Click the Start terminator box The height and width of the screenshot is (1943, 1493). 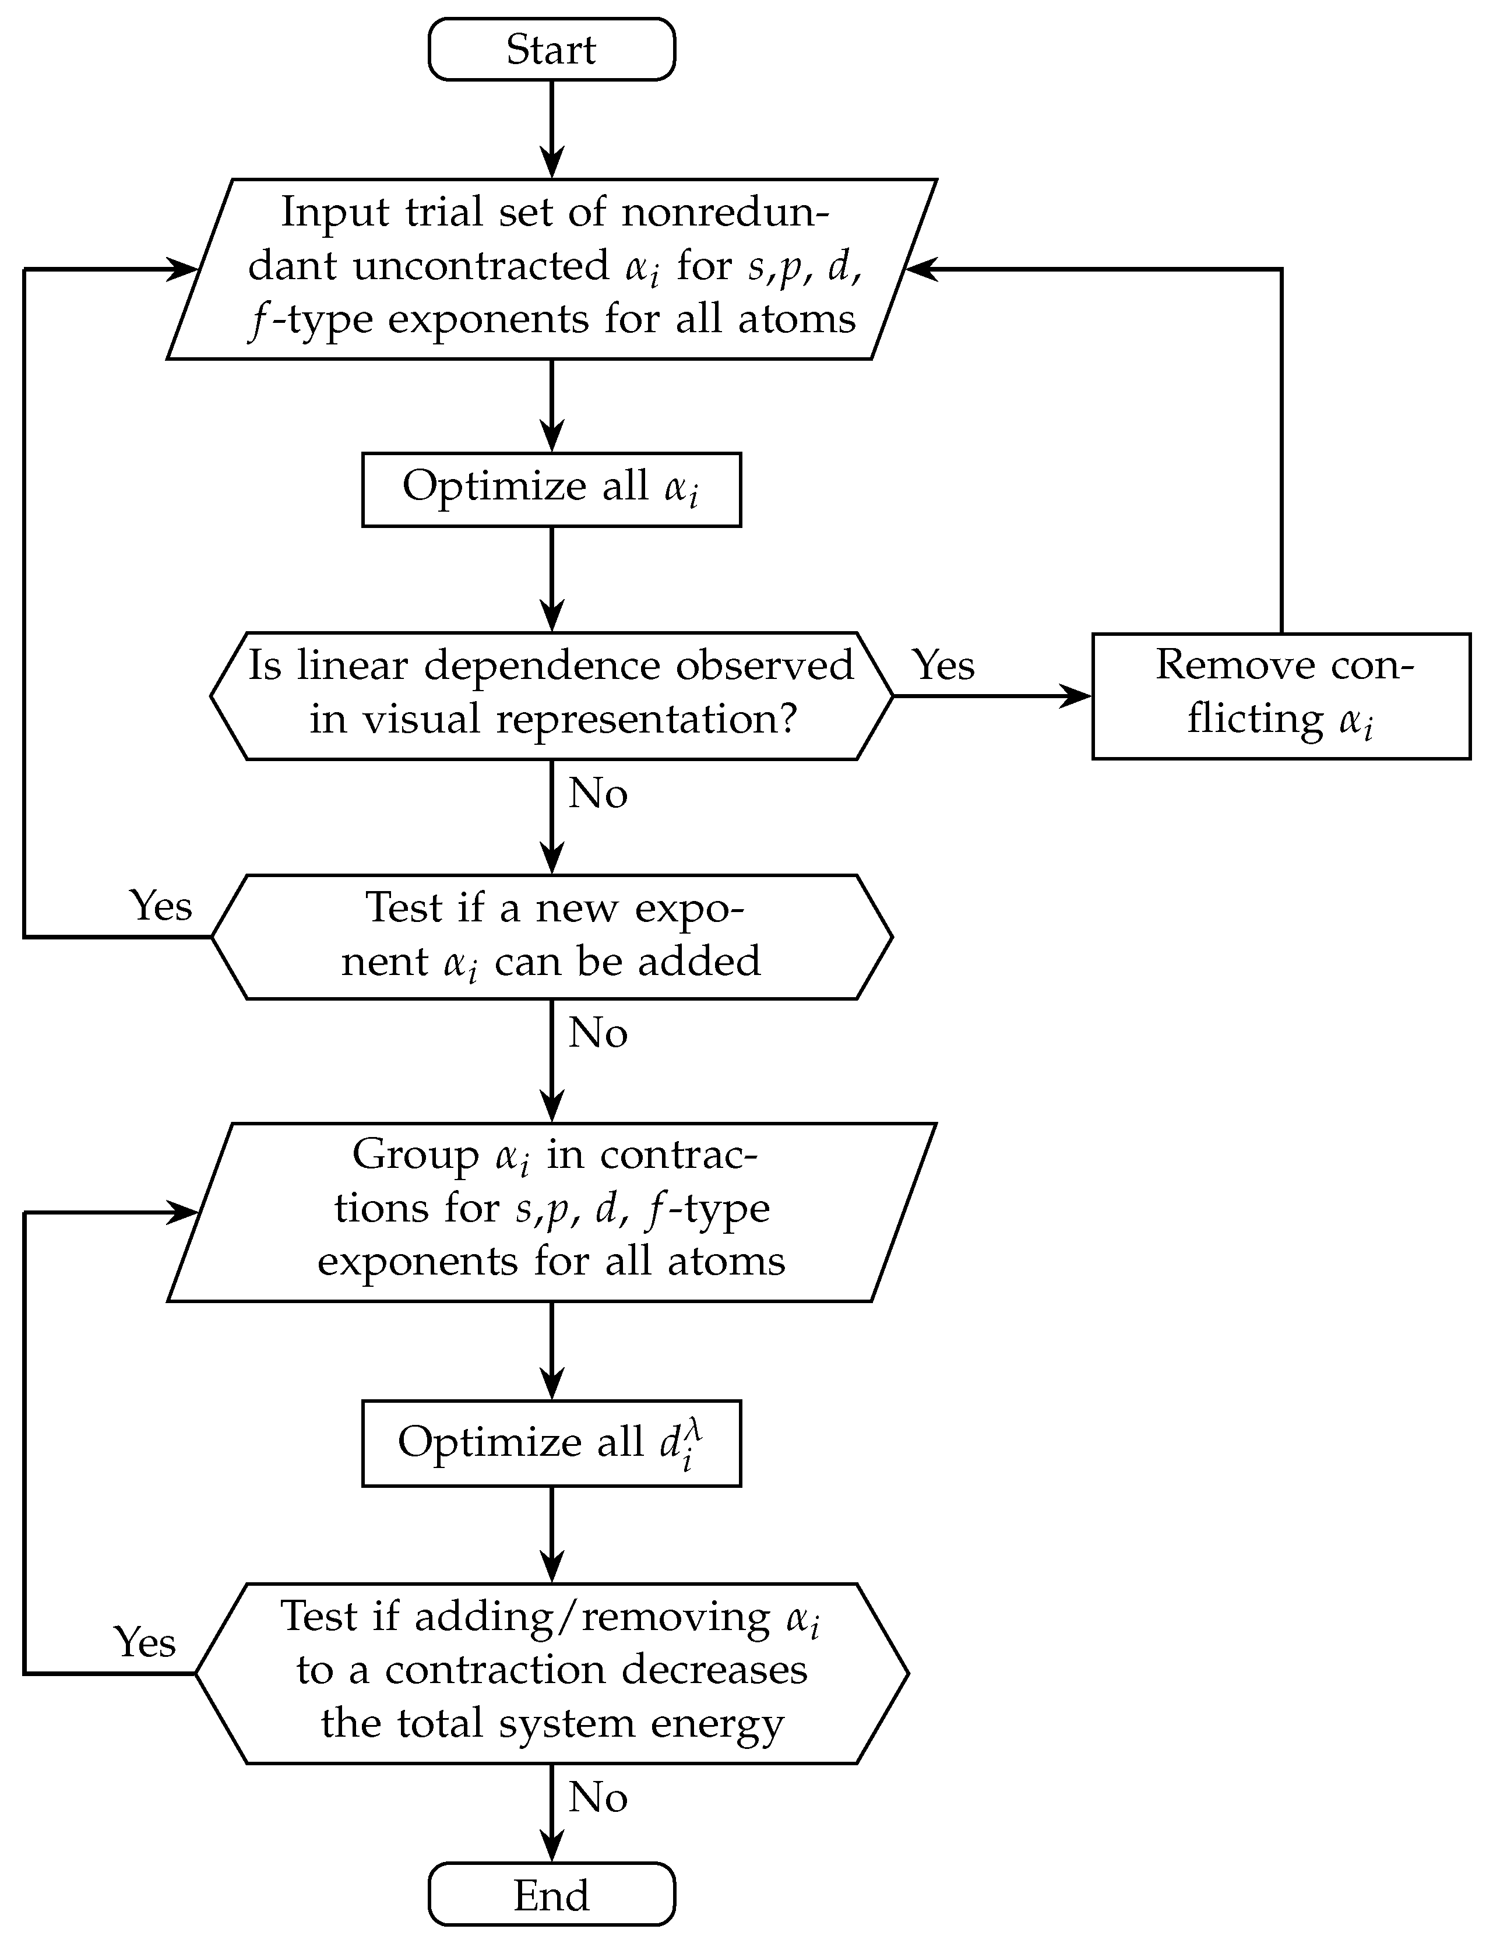tap(551, 50)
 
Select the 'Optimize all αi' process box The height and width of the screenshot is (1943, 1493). tap(551, 490)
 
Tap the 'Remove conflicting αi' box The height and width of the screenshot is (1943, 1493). tap(1281, 696)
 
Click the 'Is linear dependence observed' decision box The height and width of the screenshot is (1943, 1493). tap(551, 696)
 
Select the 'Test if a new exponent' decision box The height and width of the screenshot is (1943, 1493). tap(551, 937)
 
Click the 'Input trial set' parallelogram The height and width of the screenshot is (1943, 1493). tap(551, 269)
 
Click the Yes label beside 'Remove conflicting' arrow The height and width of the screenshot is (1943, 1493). tap(944, 665)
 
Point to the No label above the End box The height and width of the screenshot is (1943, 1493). tap(598, 1797)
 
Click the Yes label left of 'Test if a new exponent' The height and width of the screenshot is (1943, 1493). tap(161, 906)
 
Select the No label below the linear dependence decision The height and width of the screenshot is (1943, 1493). tap(598, 793)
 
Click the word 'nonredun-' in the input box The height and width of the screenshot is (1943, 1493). tap(725, 212)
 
